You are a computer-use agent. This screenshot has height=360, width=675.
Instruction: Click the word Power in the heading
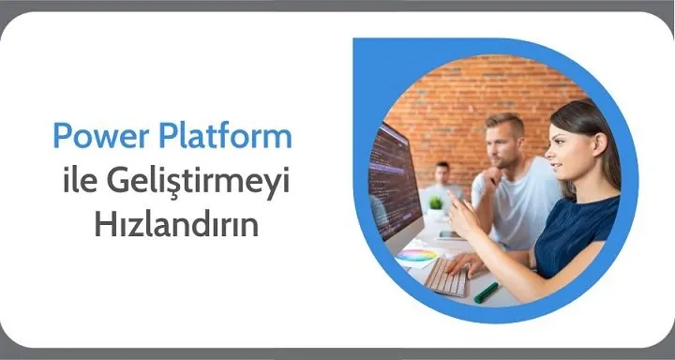100,136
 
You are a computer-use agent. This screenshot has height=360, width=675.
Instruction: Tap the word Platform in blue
226,136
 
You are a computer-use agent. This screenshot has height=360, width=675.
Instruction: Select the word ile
80,181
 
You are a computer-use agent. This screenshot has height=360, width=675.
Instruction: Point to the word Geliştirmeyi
198,184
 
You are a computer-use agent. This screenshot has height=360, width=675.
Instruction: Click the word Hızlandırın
176,224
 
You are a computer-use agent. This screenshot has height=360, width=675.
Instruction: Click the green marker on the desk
486,292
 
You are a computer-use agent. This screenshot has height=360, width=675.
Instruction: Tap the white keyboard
448,277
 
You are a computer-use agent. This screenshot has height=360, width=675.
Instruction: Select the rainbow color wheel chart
416,255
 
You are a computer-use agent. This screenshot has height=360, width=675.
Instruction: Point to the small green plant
436,203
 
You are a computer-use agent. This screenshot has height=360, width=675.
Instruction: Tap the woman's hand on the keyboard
466,264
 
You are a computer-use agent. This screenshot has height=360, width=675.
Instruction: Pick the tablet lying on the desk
449,235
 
